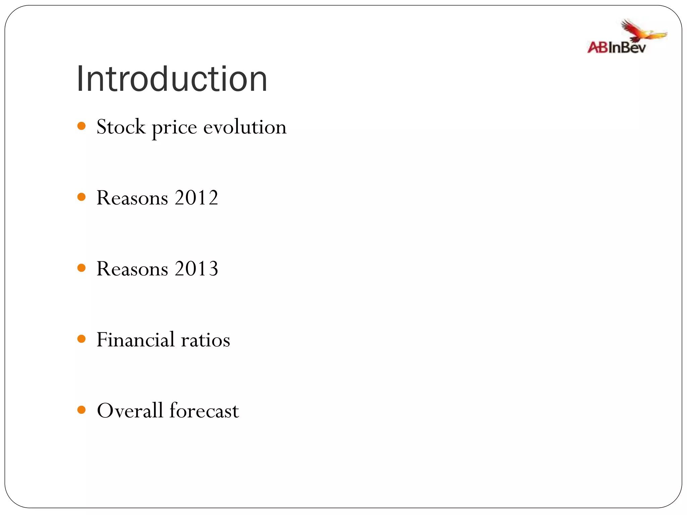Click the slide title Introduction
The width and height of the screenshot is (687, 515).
point(172,79)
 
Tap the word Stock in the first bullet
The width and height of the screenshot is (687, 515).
point(121,127)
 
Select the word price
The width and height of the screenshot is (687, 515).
point(174,128)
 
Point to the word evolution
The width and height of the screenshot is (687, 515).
point(245,127)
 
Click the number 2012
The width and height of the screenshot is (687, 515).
point(196,198)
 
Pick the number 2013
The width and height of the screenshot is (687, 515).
point(196,269)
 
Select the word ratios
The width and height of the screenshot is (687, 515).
point(205,340)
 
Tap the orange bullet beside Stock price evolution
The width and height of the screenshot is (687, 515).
point(81,126)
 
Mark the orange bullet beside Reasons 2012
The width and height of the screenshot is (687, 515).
point(81,197)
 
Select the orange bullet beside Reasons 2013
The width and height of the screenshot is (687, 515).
point(81,268)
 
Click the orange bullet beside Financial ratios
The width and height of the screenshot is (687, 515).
point(81,339)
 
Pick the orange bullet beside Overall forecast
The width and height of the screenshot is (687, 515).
point(81,410)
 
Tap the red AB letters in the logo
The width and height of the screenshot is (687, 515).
point(597,47)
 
